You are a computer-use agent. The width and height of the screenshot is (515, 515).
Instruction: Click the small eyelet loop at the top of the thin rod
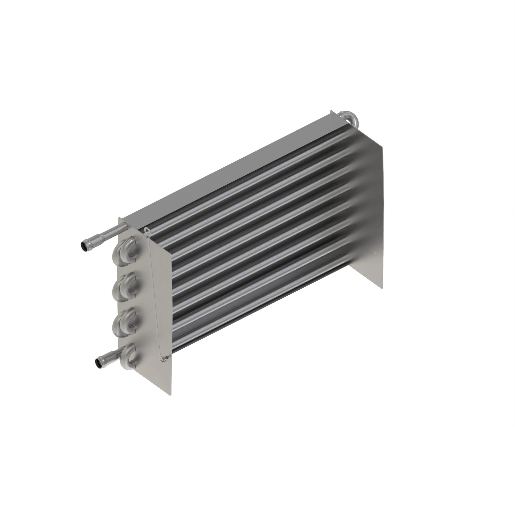pyautogui.click(x=146, y=230)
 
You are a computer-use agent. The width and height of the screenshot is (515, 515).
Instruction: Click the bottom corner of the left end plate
pyautogui.click(x=171, y=395)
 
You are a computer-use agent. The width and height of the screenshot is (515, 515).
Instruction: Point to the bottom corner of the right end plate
pyautogui.click(x=383, y=288)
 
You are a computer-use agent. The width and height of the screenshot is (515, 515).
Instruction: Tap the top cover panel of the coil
pyautogui.click(x=227, y=171)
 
